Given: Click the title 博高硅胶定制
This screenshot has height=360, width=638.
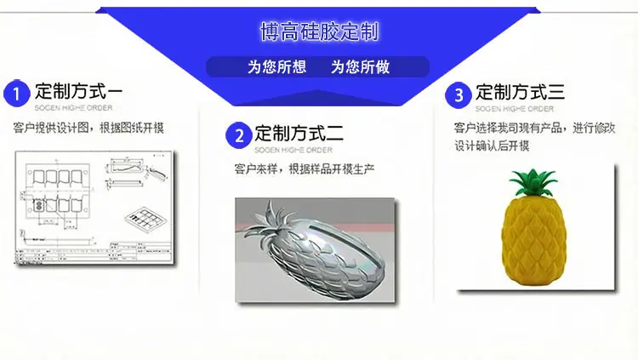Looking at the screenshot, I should (319, 32).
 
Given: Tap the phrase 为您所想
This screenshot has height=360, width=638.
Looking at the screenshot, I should (276, 67).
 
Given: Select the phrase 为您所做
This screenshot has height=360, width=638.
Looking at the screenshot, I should (360, 67).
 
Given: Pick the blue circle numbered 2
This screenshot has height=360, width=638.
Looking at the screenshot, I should (239, 135).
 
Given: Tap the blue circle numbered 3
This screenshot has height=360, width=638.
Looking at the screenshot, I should (459, 94).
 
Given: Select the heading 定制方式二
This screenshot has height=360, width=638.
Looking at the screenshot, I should (299, 132).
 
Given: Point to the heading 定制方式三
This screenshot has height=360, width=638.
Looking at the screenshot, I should (520, 91).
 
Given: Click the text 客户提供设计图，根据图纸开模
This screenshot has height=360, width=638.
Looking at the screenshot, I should (88, 129).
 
